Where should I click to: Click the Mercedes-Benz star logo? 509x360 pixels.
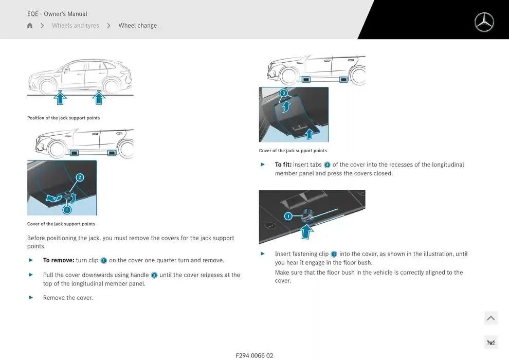pos(484,22)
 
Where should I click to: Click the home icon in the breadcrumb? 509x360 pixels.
pos(30,25)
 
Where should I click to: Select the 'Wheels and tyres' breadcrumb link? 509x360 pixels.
pos(75,25)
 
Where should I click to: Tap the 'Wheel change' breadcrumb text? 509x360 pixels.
pos(138,25)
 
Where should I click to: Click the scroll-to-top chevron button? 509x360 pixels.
pos(491,318)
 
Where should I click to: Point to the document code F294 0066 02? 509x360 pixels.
pos(254,355)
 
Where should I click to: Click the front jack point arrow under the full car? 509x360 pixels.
pos(60,98)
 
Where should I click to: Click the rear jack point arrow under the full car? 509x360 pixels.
pos(99,98)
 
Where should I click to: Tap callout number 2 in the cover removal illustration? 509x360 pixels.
pos(80,177)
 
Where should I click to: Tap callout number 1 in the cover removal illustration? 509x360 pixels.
pos(67,210)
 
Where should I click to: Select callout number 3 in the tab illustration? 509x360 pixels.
pos(284,93)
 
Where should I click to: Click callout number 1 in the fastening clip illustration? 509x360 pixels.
pos(288,216)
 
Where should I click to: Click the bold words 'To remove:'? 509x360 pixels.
pos(59,260)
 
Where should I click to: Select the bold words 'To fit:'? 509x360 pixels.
pos(283,165)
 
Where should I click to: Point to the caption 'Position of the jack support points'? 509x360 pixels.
pos(64,118)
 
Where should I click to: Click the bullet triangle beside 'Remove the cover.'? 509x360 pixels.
pos(31,297)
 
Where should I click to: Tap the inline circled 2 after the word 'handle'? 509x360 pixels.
pos(154,275)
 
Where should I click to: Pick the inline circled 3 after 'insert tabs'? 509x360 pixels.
pos(327,165)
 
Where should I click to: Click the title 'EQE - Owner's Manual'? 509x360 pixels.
pos(57,14)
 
